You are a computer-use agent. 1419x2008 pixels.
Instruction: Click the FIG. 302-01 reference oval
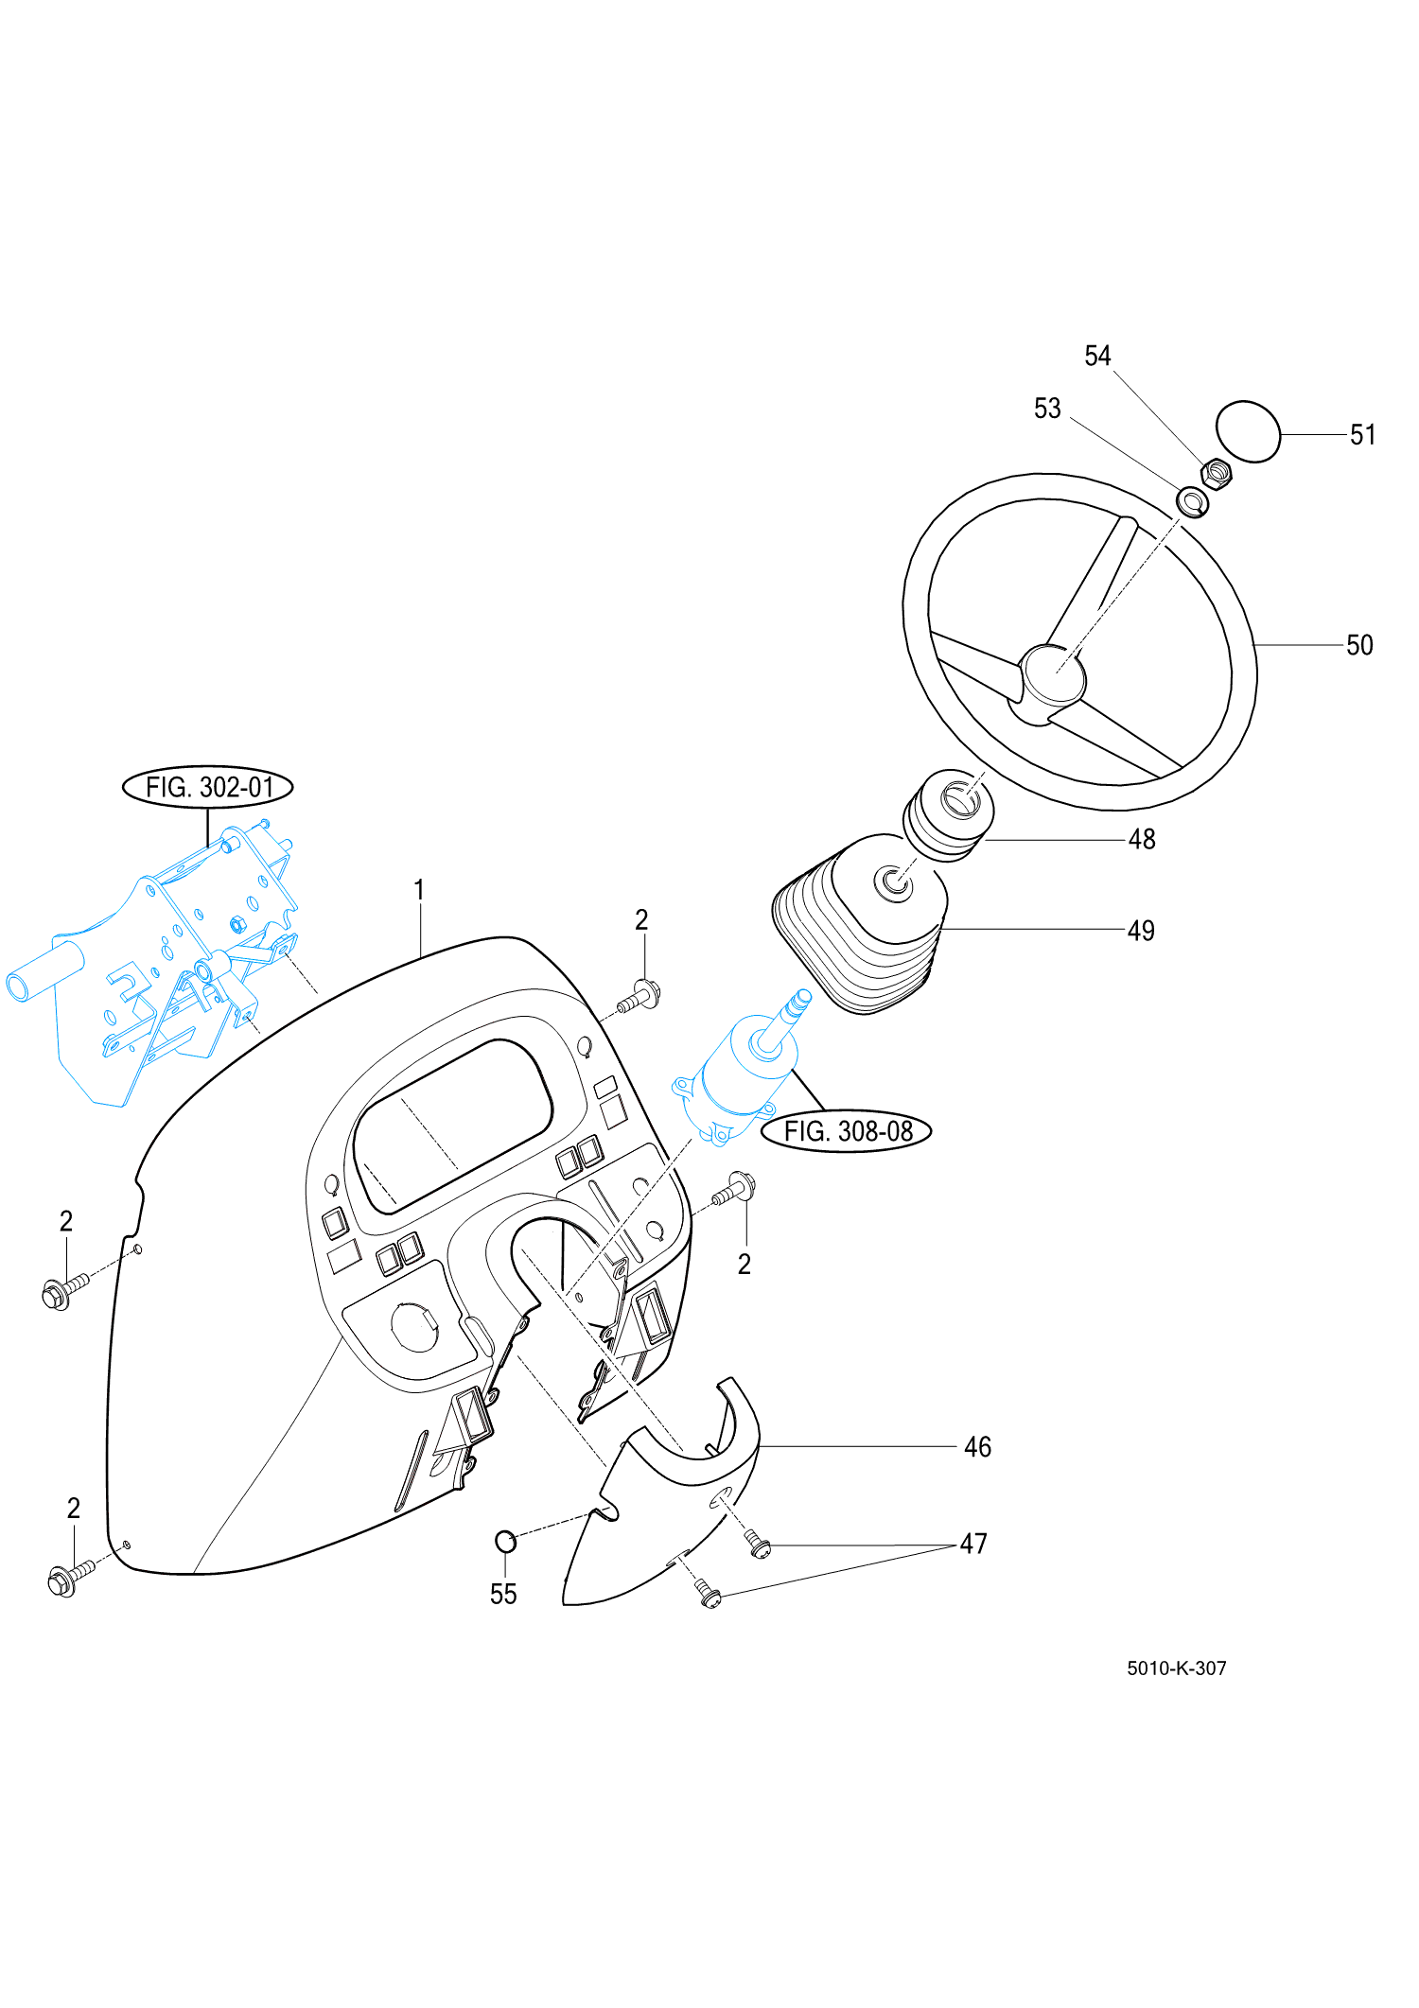[x=208, y=787]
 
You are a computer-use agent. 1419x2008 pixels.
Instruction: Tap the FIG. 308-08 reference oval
[x=848, y=1131]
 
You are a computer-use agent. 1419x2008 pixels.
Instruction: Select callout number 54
[x=1097, y=357]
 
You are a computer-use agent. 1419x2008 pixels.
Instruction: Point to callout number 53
[x=1047, y=409]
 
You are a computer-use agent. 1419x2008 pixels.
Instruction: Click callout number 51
[x=1362, y=435]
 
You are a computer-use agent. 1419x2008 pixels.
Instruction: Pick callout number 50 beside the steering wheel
[x=1359, y=645]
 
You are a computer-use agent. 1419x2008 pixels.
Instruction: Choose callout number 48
[x=1142, y=839]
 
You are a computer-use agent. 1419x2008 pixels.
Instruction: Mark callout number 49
[x=1141, y=931]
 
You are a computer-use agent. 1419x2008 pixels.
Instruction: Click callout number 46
[x=977, y=1447]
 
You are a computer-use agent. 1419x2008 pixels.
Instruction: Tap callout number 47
[x=973, y=1545]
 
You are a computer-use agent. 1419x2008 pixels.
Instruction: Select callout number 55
[x=503, y=1595]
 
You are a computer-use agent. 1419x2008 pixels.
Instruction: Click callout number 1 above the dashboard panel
[x=419, y=890]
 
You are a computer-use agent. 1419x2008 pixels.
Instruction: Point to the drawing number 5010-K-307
[x=1176, y=1668]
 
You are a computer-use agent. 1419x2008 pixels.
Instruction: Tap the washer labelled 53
[x=1192, y=501]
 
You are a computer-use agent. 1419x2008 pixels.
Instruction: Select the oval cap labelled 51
[x=1247, y=431]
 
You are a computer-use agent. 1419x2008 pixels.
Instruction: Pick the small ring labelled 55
[x=506, y=1542]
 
